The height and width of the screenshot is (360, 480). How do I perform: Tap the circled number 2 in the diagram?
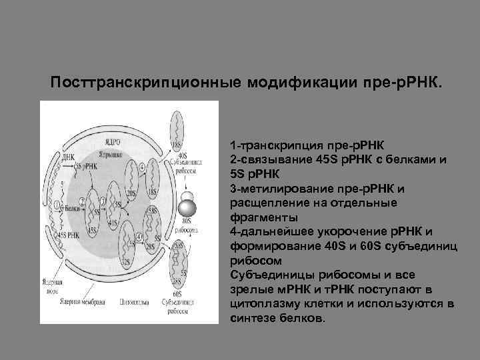(x=82, y=199)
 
